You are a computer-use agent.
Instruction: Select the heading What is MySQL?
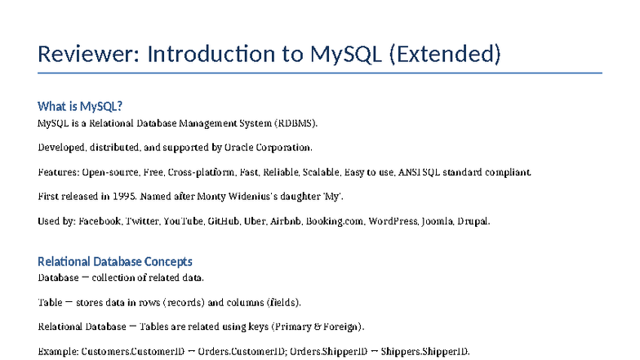pos(80,106)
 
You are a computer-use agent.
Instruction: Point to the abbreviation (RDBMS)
pos(296,123)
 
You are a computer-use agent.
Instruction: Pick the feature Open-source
pos(109,172)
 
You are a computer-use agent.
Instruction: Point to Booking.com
pos(335,221)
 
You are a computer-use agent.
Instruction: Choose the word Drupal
pos(473,221)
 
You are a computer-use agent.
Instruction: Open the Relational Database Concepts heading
pos(115,261)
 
